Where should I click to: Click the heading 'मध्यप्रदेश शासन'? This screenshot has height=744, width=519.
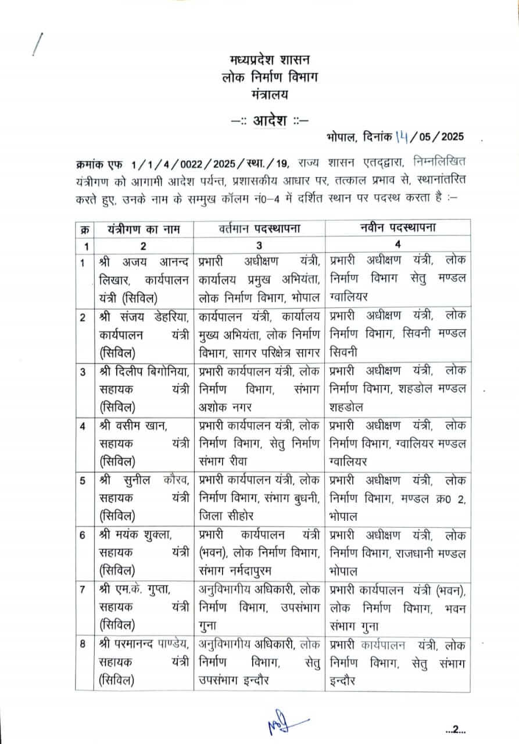point(269,59)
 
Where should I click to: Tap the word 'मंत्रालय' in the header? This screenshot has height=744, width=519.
point(269,93)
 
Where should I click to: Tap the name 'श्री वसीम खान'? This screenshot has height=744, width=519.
point(134,426)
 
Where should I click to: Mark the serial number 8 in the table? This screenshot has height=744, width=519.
point(83,644)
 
